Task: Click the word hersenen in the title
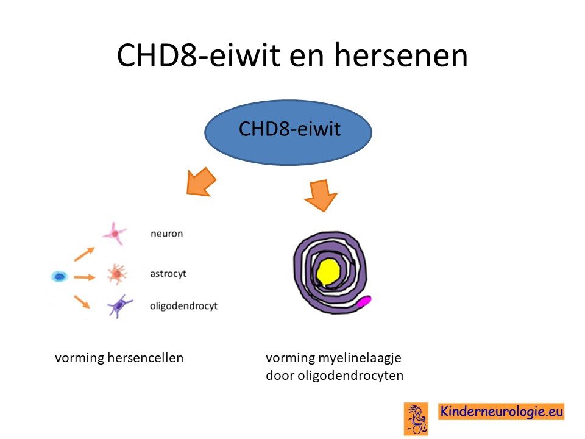click(x=401, y=55)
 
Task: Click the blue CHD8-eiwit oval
click(x=288, y=132)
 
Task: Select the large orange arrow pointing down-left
click(x=201, y=182)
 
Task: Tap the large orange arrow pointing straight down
click(x=321, y=196)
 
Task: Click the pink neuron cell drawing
click(x=115, y=234)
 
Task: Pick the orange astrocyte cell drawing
click(x=117, y=274)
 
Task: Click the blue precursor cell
click(x=60, y=277)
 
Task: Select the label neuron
click(x=167, y=234)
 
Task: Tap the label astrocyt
click(x=168, y=274)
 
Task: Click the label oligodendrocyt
click(x=183, y=306)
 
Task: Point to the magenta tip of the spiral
click(x=364, y=301)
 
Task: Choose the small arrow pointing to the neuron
click(x=84, y=254)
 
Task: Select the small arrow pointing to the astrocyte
click(x=84, y=277)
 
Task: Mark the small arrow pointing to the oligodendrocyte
click(x=82, y=302)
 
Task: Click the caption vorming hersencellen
click(x=119, y=358)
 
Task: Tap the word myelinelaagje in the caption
click(x=360, y=359)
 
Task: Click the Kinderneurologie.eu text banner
click(x=501, y=412)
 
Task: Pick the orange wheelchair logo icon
click(x=416, y=419)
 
